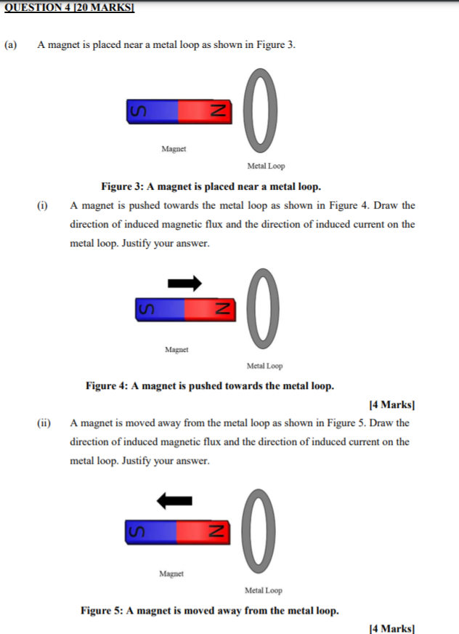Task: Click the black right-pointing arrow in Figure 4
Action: pyautogui.click(x=184, y=282)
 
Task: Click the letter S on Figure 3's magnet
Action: pyautogui.click(x=135, y=110)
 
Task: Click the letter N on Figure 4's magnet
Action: pyautogui.click(x=216, y=309)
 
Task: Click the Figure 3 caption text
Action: pyautogui.click(x=211, y=186)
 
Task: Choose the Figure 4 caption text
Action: pyautogui.click(x=210, y=385)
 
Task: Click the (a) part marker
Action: pyautogui.click(x=11, y=45)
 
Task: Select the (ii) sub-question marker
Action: pyautogui.click(x=44, y=423)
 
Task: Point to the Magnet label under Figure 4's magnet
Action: pyautogui.click(x=176, y=350)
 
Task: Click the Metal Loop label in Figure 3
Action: pyautogui.click(x=266, y=166)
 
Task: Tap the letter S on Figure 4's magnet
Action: pyautogui.click(x=144, y=309)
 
